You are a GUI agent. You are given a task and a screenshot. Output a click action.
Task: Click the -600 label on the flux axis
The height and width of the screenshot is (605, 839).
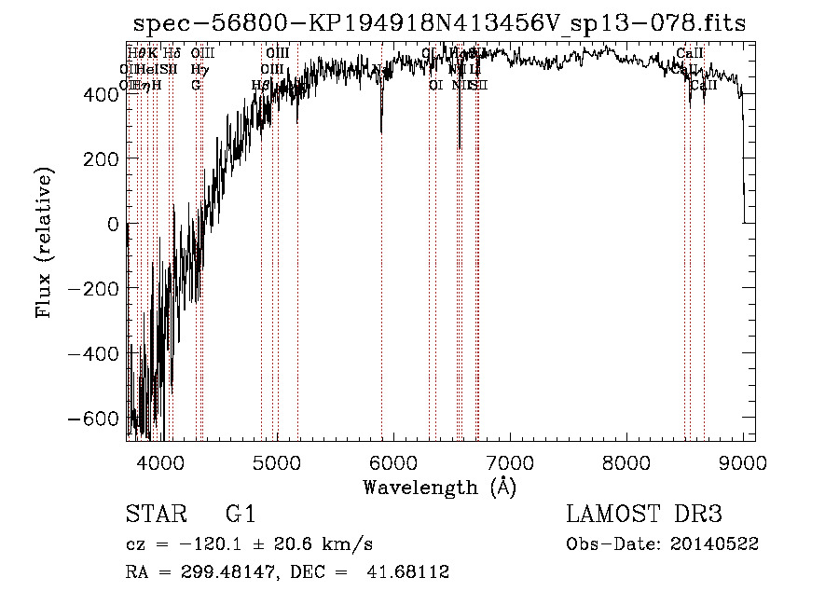[x=96, y=419]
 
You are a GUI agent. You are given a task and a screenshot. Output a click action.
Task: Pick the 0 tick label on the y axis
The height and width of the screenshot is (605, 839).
[x=113, y=224]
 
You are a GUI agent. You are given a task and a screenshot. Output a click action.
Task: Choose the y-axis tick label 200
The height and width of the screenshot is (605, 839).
[x=103, y=158]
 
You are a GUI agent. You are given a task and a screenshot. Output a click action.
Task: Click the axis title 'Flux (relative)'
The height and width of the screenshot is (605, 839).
[x=45, y=241]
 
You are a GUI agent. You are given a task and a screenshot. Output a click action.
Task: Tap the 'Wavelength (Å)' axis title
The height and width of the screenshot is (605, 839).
[x=439, y=487]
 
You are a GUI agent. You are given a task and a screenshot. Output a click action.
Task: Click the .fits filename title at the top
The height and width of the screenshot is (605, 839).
[x=440, y=23]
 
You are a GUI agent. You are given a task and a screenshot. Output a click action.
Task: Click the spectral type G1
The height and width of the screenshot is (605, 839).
[x=240, y=515]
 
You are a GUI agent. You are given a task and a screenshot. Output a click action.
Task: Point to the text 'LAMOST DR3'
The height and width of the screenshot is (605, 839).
[x=644, y=515]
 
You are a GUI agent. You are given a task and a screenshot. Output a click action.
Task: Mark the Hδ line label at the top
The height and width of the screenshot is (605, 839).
[x=172, y=53]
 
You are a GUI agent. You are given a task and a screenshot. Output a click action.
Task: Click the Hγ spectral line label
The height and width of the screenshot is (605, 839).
[x=198, y=69]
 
